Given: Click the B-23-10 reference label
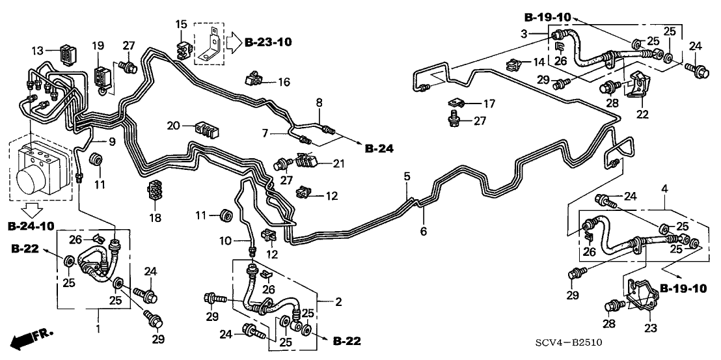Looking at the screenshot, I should pyautogui.click(x=268, y=42).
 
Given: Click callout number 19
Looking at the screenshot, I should pyautogui.click(x=98, y=46).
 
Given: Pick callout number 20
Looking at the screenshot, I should pyautogui.click(x=172, y=125).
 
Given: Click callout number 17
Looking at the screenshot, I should pyautogui.click(x=489, y=103).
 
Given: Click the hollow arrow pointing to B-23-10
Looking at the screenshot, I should pyautogui.click(x=233, y=43).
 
